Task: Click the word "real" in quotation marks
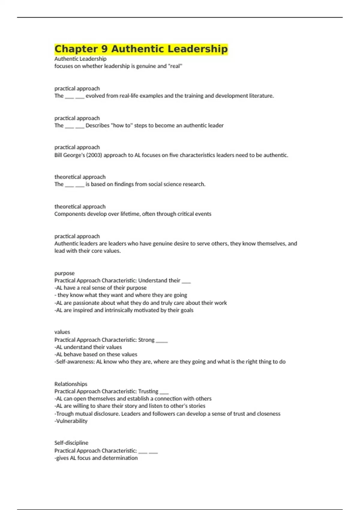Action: coord(175,66)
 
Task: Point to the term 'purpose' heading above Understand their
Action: coord(64,273)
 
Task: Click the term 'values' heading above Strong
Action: coord(62,332)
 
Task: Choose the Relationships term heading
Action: coord(71,384)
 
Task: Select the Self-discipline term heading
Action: coord(71,443)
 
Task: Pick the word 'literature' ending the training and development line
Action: coord(262,96)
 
